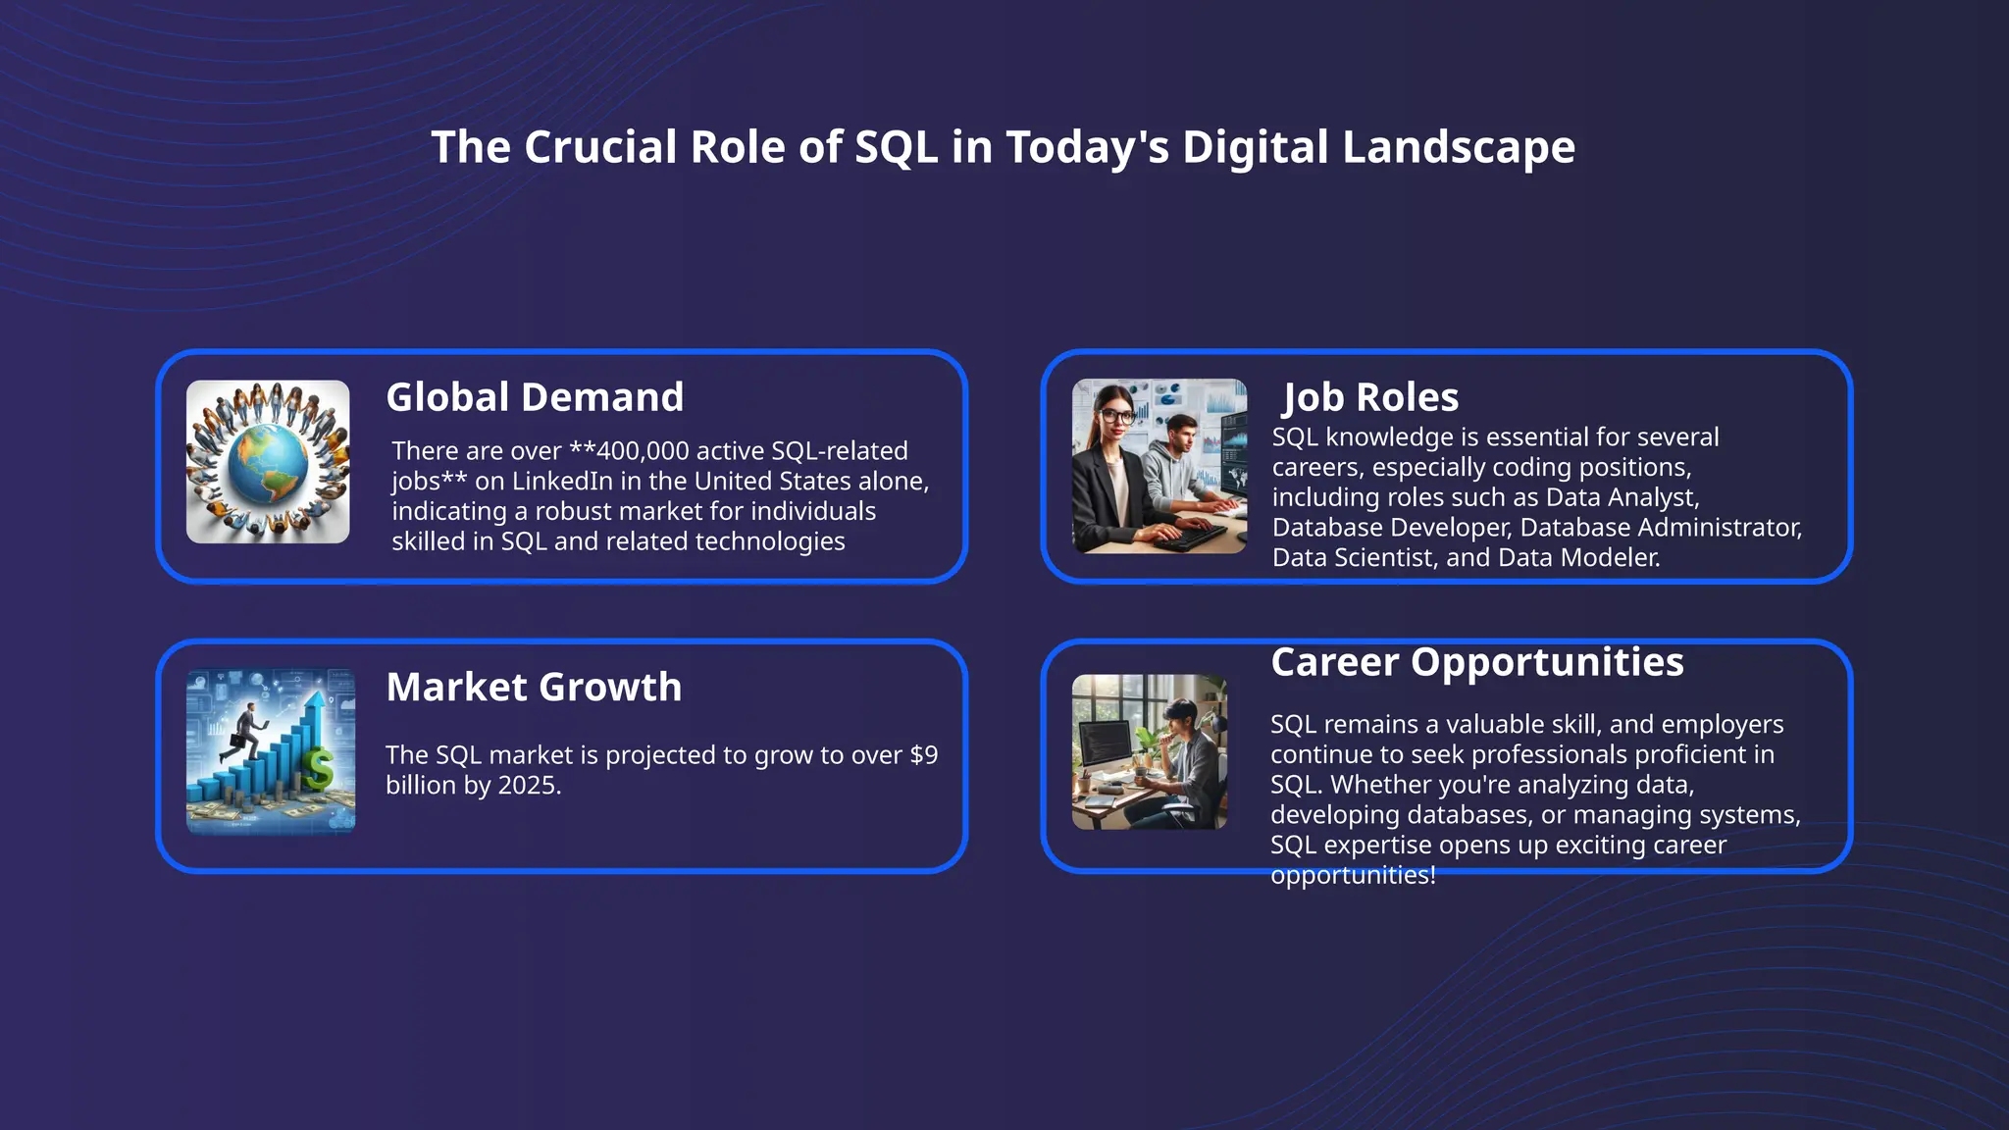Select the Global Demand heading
(x=535, y=397)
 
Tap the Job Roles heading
(x=1370, y=397)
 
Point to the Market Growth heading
(x=534, y=687)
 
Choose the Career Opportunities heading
(x=1476, y=662)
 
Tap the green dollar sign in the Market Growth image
(x=317, y=769)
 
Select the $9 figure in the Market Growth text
(x=923, y=755)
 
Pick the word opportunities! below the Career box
(x=1353, y=875)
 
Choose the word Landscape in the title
(x=1459, y=148)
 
